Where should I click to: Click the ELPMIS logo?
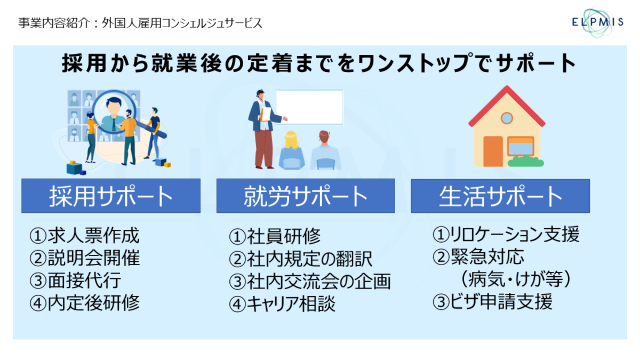(x=597, y=22)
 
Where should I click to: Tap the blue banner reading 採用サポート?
(x=111, y=196)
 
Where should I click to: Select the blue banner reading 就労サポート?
(x=306, y=196)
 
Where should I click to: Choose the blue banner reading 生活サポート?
(x=500, y=196)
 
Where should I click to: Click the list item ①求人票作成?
(x=85, y=236)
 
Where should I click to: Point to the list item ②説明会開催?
(x=85, y=258)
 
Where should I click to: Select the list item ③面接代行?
(x=75, y=281)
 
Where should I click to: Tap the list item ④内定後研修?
(x=85, y=303)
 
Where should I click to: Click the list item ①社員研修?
(x=275, y=237)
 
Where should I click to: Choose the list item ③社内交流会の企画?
(x=310, y=281)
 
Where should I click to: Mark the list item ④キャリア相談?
(x=282, y=303)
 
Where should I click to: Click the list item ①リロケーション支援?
(x=506, y=234)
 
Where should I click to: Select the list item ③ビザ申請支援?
(x=493, y=302)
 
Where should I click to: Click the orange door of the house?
(x=493, y=151)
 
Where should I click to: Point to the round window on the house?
(x=507, y=118)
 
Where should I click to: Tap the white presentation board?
(x=309, y=107)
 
